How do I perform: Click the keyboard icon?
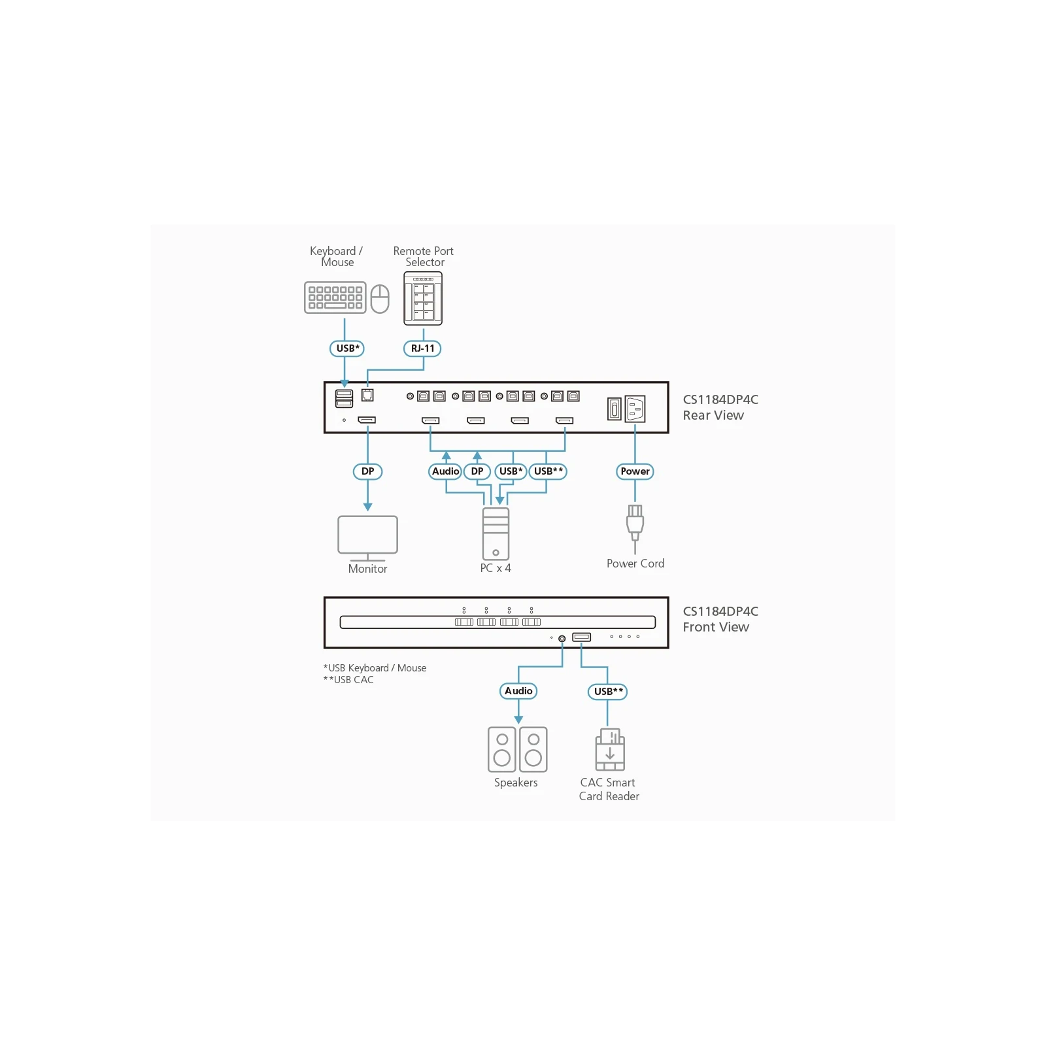335,297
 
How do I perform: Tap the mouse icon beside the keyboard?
380,299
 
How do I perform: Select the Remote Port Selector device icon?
423,299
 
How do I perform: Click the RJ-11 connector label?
422,348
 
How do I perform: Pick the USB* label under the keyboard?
347,348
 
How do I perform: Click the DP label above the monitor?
368,471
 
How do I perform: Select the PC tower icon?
496,533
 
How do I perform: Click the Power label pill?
635,471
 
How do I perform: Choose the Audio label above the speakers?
518,691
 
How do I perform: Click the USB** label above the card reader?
608,692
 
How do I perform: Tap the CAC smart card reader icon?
610,749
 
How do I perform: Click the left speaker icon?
502,749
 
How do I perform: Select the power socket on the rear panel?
635,409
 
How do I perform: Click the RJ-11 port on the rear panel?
367,395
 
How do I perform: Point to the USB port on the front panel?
581,637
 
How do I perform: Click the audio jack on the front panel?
562,638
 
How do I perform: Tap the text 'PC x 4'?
496,568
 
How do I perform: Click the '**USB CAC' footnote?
348,680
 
